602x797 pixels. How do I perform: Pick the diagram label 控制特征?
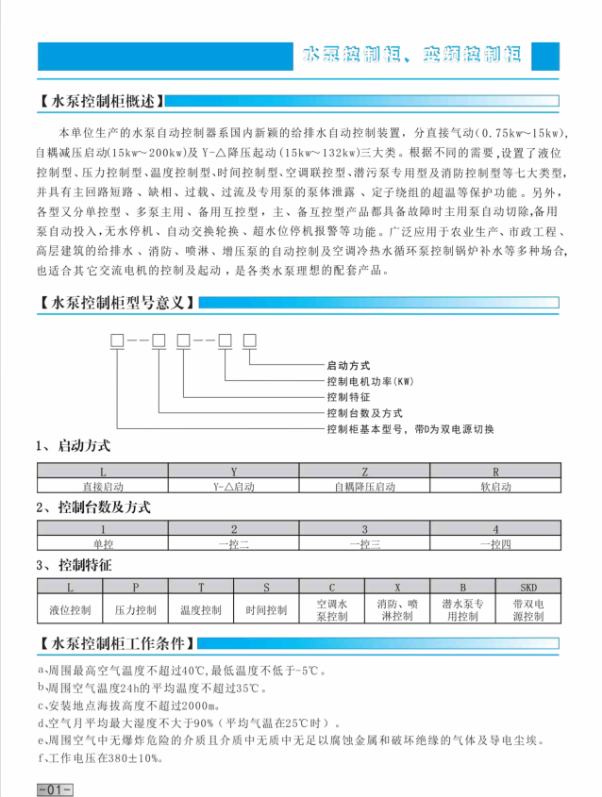pos(348,397)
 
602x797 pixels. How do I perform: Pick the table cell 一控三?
pos(364,544)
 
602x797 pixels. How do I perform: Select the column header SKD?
pos(528,587)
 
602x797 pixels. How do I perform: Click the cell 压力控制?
pos(135,610)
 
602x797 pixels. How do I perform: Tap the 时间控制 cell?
pos(266,610)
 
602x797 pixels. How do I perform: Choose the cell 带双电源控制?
pos(528,610)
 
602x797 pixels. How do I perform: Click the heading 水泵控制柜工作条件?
pos(118,645)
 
